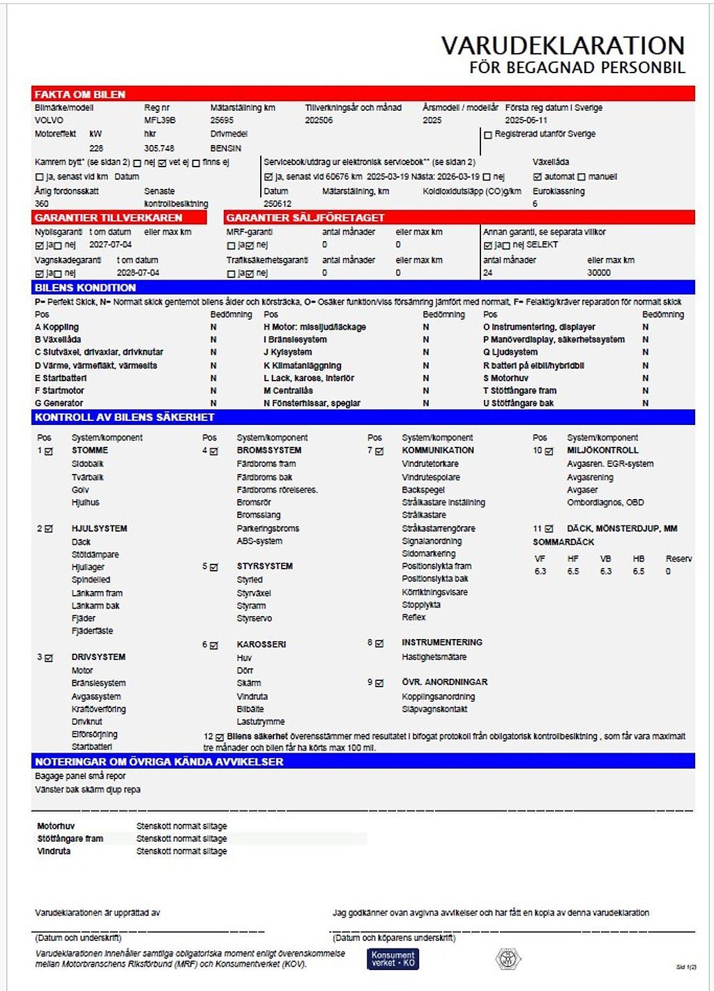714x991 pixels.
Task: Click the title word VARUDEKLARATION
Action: coord(563,46)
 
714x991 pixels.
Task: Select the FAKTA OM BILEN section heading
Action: coord(80,94)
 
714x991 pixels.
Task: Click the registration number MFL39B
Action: coord(160,120)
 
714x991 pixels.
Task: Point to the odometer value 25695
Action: coord(222,120)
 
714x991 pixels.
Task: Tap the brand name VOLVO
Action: coord(49,120)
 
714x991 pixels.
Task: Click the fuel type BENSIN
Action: coord(226,148)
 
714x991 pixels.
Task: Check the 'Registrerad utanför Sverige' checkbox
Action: coord(488,135)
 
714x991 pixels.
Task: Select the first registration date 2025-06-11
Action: coord(526,120)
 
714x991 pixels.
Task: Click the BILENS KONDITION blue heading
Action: coord(85,287)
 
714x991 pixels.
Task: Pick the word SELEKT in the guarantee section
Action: coord(542,245)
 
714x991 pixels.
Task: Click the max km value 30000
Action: coord(598,272)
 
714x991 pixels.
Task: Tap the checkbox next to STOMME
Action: coord(49,452)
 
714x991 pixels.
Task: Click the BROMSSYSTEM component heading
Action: coord(269,450)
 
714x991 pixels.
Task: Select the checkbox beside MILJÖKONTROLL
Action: coord(549,452)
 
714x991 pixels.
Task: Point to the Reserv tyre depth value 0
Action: coord(668,571)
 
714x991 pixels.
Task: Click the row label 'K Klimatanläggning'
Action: coord(302,365)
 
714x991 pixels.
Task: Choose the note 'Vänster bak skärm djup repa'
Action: coord(88,790)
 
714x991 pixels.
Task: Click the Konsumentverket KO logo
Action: coord(393,959)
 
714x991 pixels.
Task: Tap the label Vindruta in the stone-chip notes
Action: coord(54,851)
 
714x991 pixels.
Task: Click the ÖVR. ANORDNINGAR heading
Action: coord(444,682)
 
